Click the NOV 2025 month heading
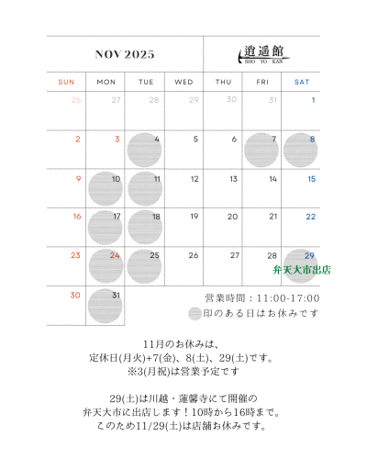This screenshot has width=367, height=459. click(125, 54)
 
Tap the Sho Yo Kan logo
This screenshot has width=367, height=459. click(261, 54)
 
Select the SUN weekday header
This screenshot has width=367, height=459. click(66, 82)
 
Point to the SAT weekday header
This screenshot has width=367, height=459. click(301, 82)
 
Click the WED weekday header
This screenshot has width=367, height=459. click(183, 82)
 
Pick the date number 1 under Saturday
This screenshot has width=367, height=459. click(313, 100)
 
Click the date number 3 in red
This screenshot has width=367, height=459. click(117, 140)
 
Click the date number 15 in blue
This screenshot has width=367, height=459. click(312, 179)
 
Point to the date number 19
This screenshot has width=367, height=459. click(194, 217)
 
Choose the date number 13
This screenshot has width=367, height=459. click(233, 179)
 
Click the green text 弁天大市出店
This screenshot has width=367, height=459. click(301, 271)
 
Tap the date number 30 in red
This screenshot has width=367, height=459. click(75, 295)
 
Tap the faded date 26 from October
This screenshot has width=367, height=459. click(77, 100)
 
